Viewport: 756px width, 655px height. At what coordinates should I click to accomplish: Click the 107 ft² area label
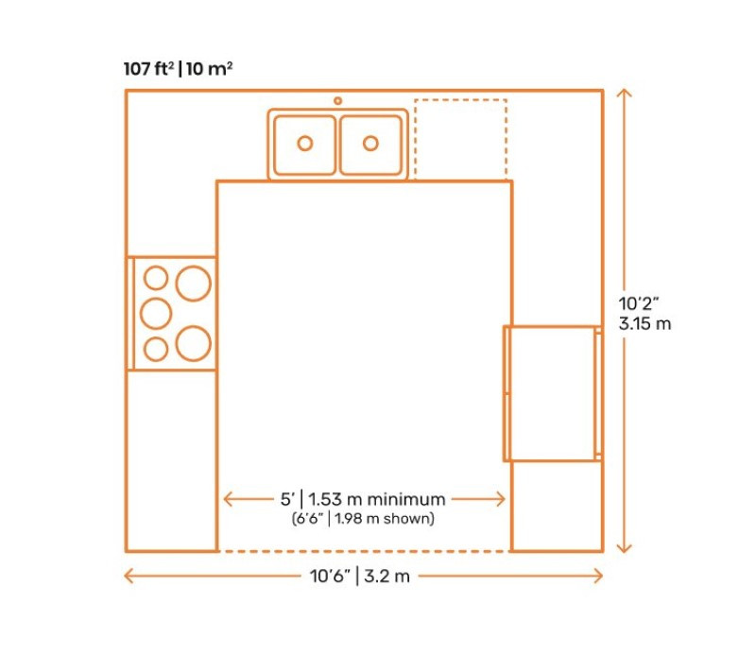(149, 69)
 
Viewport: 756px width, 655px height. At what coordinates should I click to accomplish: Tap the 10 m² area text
(209, 69)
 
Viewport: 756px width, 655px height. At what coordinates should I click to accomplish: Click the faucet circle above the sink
(338, 101)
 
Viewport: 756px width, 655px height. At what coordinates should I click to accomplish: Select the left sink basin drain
(305, 144)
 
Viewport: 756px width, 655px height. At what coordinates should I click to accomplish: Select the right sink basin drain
(370, 144)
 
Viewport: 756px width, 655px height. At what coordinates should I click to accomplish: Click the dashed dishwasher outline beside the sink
(460, 139)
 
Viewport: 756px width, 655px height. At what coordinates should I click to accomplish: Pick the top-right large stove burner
(194, 284)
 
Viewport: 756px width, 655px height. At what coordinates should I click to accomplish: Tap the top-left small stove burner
(156, 278)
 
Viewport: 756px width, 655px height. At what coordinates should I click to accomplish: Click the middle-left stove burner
(156, 314)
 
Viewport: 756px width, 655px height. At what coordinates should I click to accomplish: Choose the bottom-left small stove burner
(156, 349)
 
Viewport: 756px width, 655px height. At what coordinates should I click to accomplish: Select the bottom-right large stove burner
(194, 343)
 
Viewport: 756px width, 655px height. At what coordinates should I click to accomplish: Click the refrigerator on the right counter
(553, 393)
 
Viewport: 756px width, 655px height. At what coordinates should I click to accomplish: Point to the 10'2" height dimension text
(639, 303)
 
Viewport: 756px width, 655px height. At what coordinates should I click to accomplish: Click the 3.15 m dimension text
(645, 323)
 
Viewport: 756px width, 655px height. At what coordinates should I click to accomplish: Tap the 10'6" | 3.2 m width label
(360, 576)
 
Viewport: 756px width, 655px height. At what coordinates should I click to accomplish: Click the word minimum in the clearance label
(406, 499)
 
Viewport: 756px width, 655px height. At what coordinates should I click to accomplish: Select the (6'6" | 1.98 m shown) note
(363, 519)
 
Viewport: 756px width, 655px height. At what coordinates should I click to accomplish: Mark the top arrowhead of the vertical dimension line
(625, 93)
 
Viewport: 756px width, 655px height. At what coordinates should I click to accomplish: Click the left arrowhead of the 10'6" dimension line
(129, 576)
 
